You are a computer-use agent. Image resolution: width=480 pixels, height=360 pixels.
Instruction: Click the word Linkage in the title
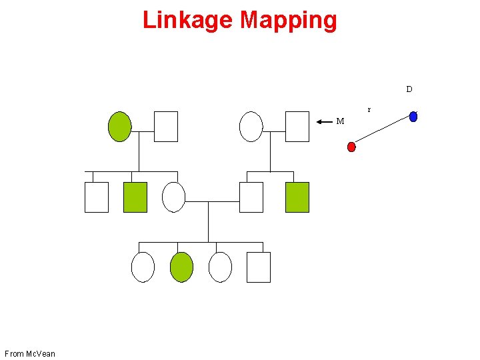tap(188, 21)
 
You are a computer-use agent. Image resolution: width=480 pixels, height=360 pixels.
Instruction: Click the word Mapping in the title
tap(289, 21)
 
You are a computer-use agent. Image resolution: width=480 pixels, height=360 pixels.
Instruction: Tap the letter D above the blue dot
tap(409, 89)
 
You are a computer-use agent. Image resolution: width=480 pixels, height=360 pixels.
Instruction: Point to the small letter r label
tap(369, 109)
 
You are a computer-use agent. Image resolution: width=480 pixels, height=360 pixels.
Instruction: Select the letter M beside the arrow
tap(340, 121)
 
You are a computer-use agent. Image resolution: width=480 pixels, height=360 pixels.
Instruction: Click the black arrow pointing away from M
tap(325, 122)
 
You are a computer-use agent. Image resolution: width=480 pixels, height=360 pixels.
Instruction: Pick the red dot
tap(351, 147)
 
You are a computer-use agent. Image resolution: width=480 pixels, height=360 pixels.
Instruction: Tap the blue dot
tap(413, 117)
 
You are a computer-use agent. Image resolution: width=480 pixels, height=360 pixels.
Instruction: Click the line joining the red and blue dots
tap(382, 132)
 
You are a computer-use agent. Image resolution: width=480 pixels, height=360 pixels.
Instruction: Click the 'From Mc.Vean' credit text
tap(30, 353)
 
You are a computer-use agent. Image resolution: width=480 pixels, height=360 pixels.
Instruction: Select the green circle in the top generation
tap(120, 127)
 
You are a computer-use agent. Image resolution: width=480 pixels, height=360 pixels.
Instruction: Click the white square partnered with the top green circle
tap(166, 127)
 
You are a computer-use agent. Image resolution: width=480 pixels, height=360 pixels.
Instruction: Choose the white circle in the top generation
tap(251, 127)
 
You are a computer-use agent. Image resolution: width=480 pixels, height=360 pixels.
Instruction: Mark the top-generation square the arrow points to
tap(297, 127)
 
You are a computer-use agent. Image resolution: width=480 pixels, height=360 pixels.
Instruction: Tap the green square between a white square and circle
tap(135, 197)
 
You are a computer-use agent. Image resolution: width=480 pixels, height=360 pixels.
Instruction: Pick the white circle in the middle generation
tap(173, 197)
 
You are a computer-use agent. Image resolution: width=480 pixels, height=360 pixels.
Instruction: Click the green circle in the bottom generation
tap(181, 267)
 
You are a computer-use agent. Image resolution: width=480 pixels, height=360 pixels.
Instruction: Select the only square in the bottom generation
tap(259, 267)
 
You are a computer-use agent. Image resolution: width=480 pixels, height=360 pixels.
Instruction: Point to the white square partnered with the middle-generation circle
tap(251, 197)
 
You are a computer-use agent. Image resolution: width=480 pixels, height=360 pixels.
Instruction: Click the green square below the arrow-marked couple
tap(297, 197)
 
